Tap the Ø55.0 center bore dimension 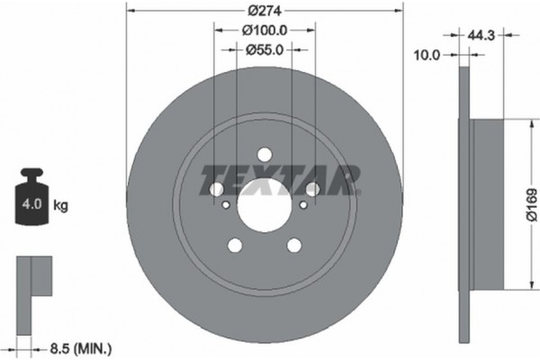coord(265,50)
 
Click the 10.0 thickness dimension coord(427,55)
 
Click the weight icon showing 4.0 coord(31,200)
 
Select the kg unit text coord(62,206)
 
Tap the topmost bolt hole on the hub coord(265,155)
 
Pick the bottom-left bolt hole coord(235,246)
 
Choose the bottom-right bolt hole coord(294,246)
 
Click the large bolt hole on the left coord(216,189)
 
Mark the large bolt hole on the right coord(313,189)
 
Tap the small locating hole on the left coord(225,203)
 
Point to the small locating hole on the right coord(304,203)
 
